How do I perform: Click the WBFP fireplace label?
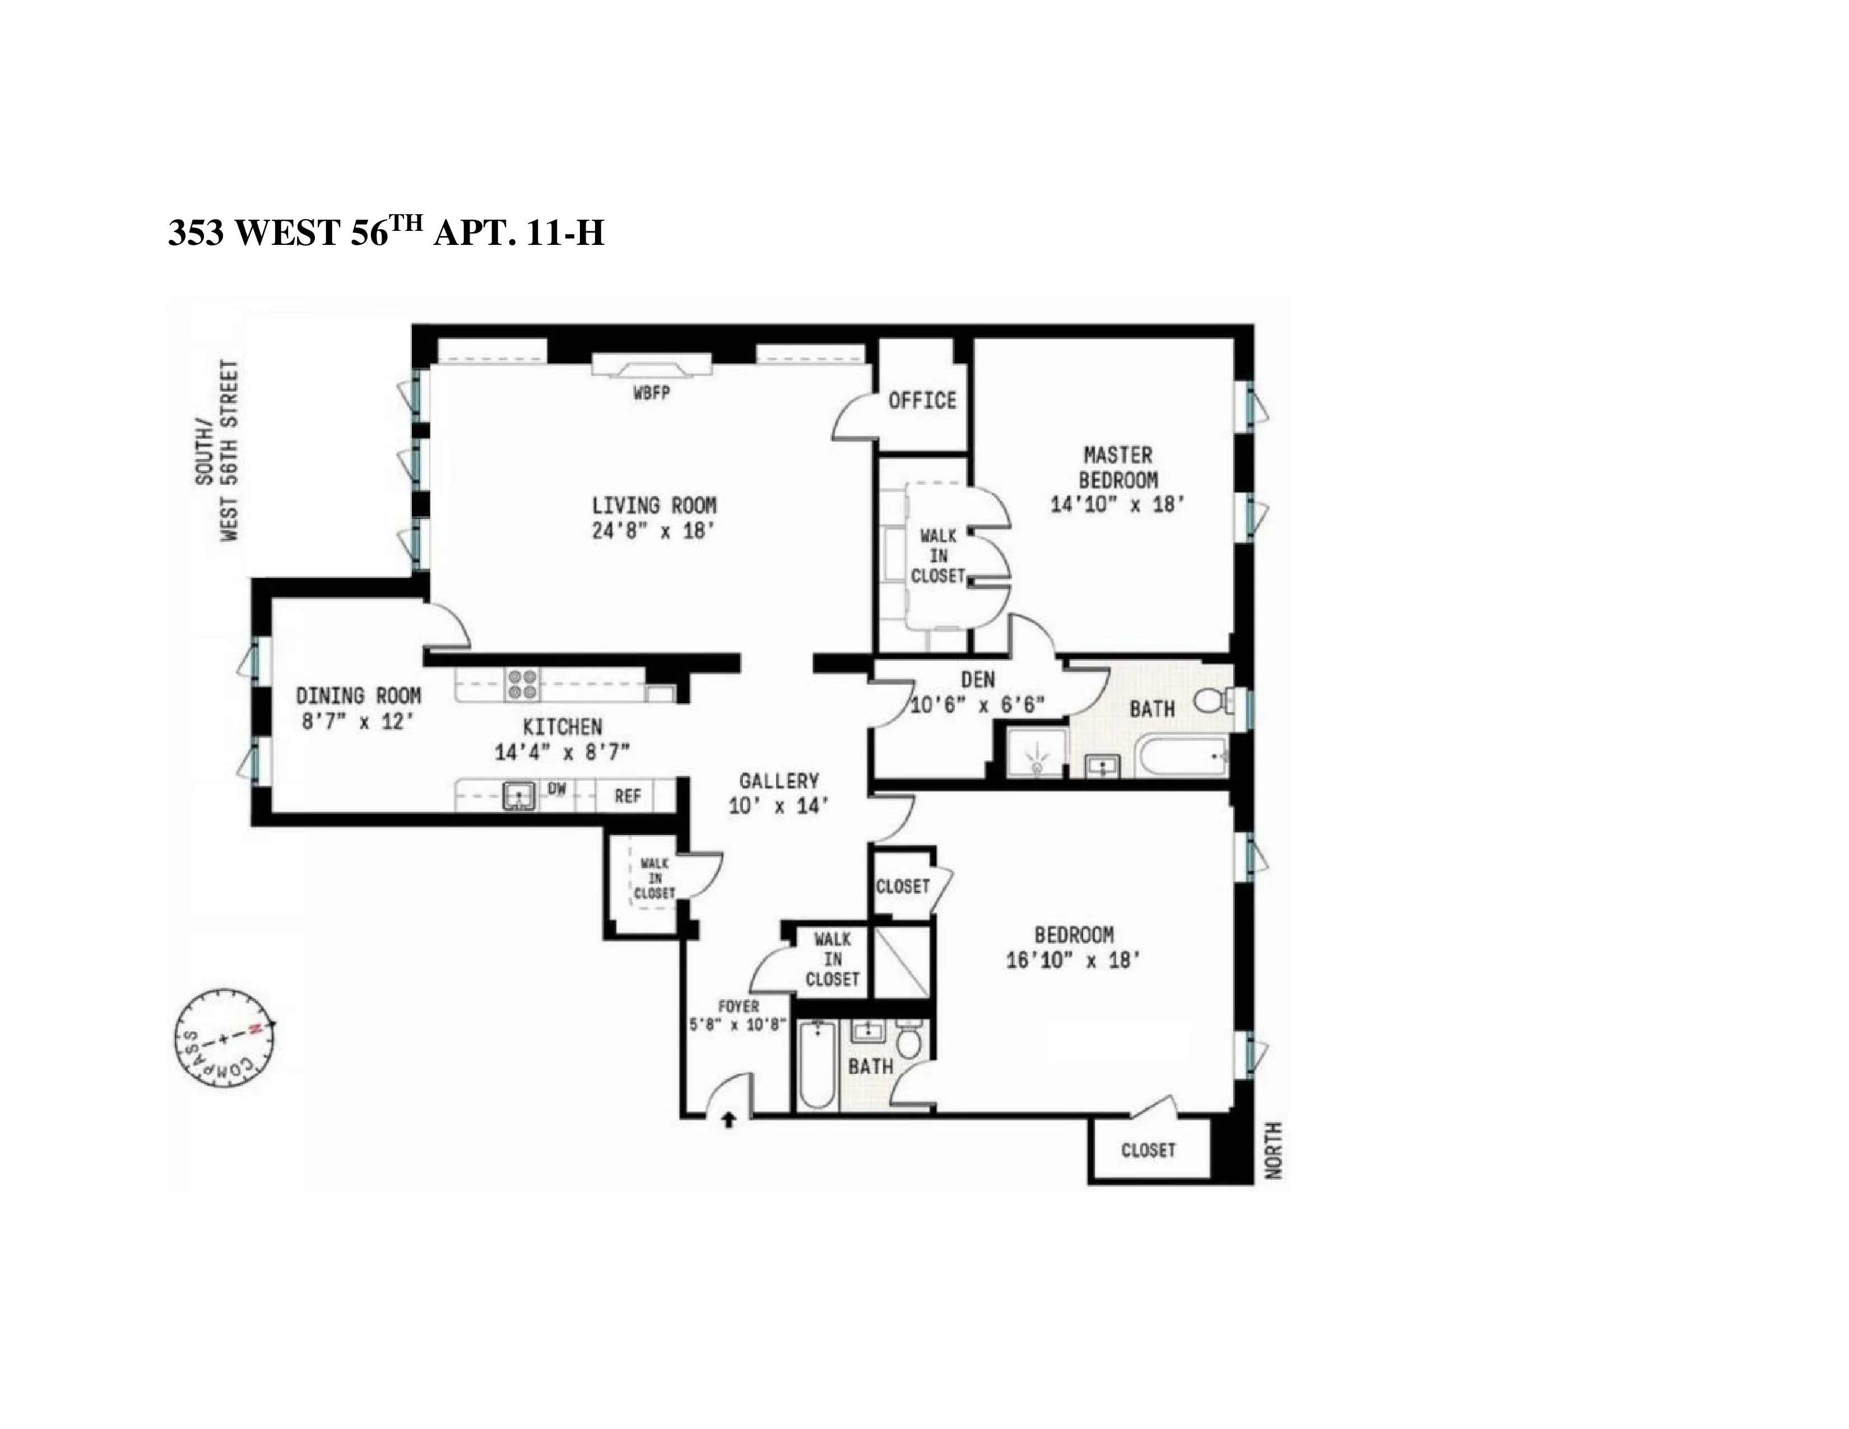point(651,393)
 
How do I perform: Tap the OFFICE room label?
point(922,401)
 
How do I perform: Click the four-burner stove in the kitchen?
point(522,684)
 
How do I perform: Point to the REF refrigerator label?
point(628,796)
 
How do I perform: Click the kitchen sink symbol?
point(519,796)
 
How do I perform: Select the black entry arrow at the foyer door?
point(728,1121)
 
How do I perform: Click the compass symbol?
point(224,1039)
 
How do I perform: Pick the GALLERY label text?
point(778,781)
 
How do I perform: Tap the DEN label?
point(978,680)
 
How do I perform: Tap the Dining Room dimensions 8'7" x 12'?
point(358,722)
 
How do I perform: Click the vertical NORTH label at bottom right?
point(1274,1150)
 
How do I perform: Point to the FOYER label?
point(738,1006)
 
